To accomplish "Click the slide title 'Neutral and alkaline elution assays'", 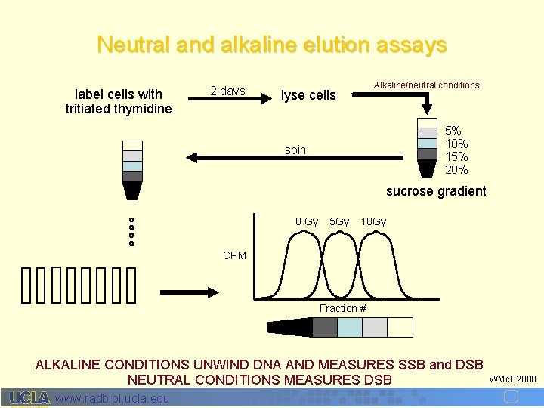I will [272, 45].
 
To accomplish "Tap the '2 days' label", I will [227, 91].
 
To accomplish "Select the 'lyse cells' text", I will [308, 95].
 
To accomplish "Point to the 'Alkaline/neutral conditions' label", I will [426, 85].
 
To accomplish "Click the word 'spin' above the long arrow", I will [295, 150].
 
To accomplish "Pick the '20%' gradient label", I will [456, 170].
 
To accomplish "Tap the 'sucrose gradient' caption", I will [436, 191].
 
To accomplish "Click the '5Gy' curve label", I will [339, 221].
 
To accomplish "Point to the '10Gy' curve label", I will [373, 221].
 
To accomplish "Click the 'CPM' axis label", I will [234, 255].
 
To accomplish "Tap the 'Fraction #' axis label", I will [343, 308].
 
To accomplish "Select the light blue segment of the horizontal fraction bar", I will [350, 327].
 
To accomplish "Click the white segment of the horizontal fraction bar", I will [400, 327].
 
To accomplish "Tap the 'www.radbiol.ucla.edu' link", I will [113, 398].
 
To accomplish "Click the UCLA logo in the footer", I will [29, 397].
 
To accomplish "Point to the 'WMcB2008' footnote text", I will [513, 378].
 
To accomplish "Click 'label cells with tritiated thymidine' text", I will [119, 101].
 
